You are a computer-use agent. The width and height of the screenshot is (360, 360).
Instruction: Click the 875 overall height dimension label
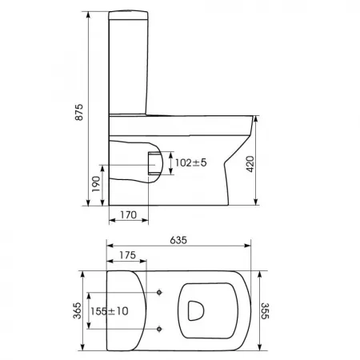coord(79,112)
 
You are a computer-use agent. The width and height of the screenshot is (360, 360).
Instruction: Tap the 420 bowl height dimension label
coord(250,164)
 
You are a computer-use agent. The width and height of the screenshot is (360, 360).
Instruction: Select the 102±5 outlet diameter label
coord(190,162)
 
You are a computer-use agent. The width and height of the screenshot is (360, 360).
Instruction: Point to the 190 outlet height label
coord(96,184)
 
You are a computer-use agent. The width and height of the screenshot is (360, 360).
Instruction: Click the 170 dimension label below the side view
coord(128,214)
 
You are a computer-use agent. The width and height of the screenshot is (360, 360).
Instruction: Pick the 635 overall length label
coord(178,240)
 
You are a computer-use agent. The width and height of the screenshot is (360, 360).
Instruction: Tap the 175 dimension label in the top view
coord(127,255)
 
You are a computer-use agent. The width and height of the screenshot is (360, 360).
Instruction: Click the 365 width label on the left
coord(77,310)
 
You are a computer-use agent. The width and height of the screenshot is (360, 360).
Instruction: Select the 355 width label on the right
coord(265,311)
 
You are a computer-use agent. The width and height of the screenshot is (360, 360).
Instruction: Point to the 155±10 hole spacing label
coord(110,311)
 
